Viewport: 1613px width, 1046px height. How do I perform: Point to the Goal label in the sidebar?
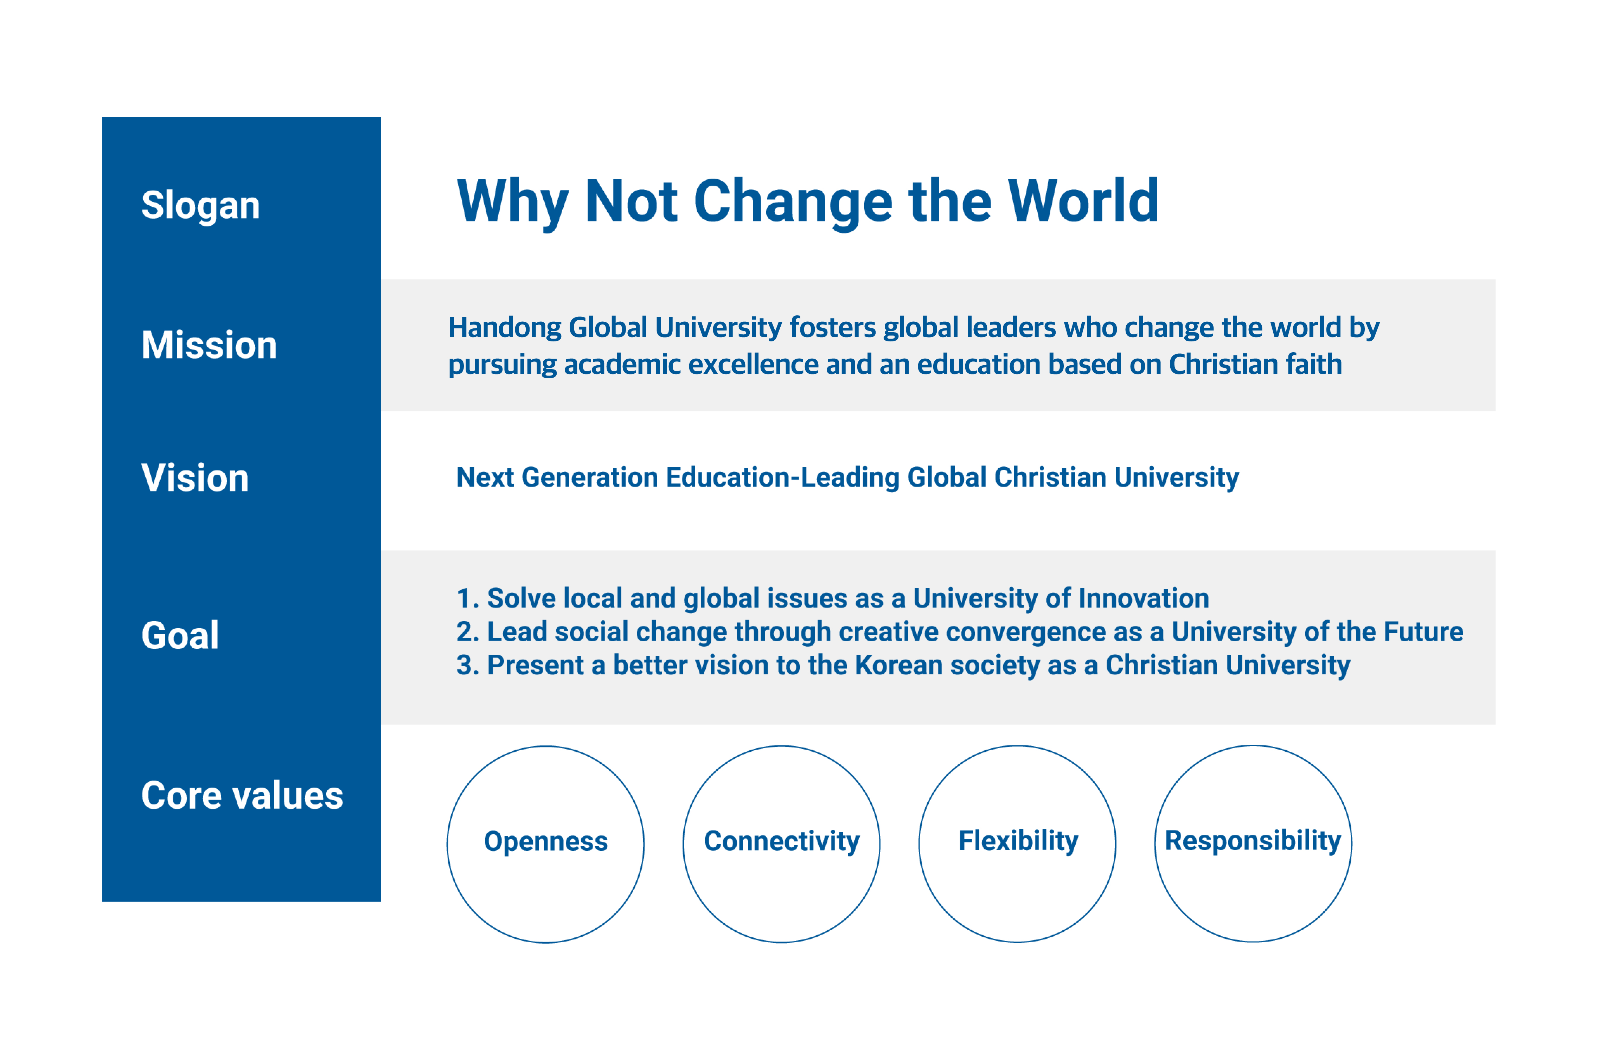[x=180, y=635]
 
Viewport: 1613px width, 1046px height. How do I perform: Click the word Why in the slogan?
[x=513, y=202]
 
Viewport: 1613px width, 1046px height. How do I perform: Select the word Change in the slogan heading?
[x=794, y=202]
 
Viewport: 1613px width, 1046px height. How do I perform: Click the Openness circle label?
[x=546, y=842]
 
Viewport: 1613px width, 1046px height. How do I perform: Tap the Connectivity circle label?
[x=782, y=842]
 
